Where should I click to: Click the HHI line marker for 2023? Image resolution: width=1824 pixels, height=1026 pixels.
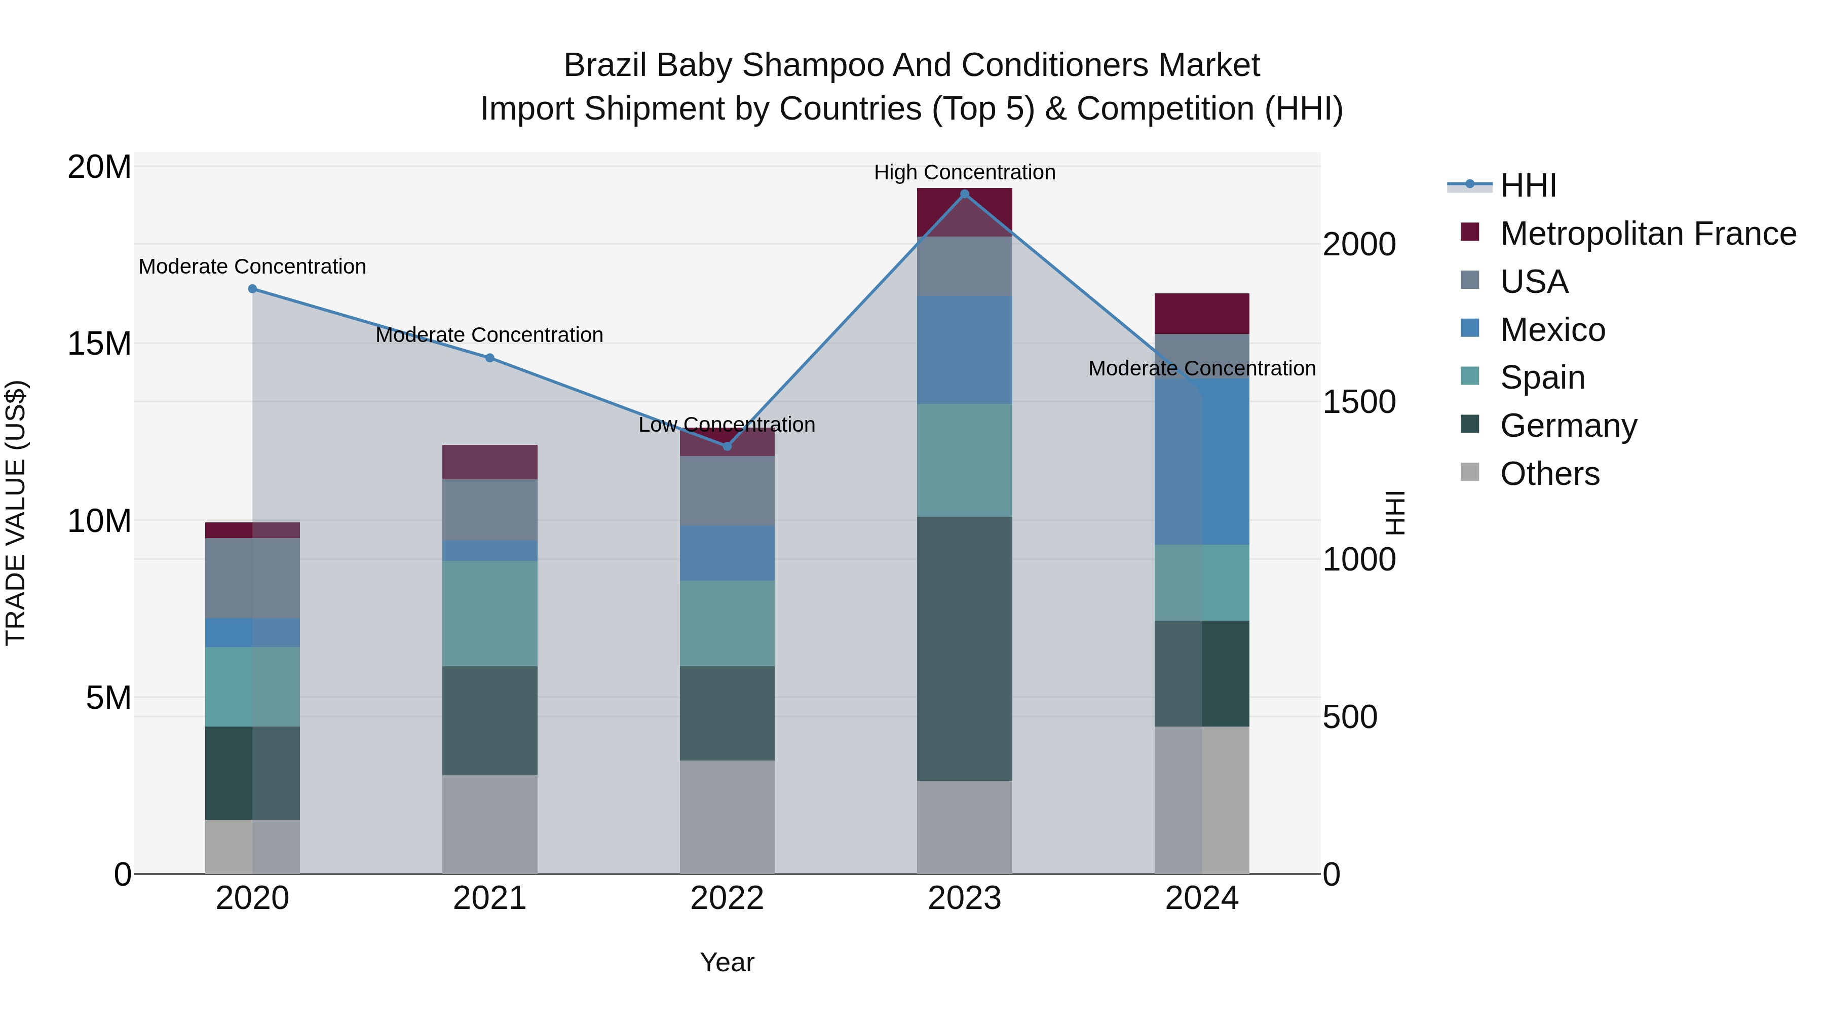[964, 194]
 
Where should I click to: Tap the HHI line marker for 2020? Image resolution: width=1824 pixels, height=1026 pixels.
[252, 289]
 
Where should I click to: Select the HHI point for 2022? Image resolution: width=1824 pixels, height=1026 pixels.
[727, 446]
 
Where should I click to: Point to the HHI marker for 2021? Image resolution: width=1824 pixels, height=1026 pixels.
[489, 358]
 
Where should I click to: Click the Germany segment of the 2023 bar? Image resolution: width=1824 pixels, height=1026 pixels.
[964, 649]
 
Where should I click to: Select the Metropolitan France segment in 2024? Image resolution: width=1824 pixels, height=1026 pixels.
[1202, 314]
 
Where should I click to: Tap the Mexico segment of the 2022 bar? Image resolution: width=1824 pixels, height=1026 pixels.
[727, 553]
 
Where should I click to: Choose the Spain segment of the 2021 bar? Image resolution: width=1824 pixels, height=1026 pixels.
[489, 613]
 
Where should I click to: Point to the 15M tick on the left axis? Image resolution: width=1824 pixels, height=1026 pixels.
[99, 344]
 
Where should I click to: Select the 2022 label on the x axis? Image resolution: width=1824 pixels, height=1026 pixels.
[727, 898]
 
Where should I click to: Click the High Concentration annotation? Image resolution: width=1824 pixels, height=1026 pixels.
[964, 172]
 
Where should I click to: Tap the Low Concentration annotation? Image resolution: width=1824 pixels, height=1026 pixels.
[727, 425]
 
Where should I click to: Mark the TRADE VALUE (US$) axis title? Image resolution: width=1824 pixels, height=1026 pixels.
[16, 513]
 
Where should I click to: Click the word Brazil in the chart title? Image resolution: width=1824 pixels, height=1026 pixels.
[604, 65]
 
